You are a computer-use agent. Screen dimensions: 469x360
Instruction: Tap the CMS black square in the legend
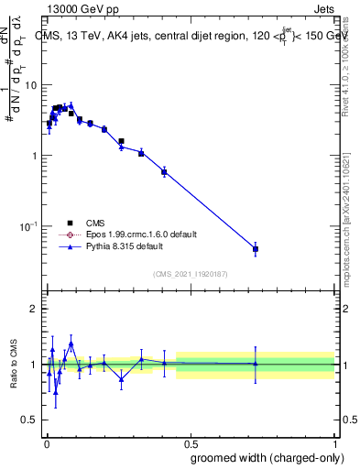click(70, 223)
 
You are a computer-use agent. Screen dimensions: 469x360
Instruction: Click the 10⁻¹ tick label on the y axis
click(29, 226)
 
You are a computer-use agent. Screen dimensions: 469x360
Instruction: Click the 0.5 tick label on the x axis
click(191, 442)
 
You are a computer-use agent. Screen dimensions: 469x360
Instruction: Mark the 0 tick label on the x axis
click(46, 442)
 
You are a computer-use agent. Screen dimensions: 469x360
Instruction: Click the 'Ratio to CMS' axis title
click(13, 364)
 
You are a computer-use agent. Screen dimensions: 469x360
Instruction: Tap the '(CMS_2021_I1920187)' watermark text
click(190, 272)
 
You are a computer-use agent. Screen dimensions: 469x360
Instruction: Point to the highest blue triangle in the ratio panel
click(71, 344)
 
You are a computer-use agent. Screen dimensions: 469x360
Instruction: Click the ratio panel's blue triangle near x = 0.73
click(256, 364)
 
